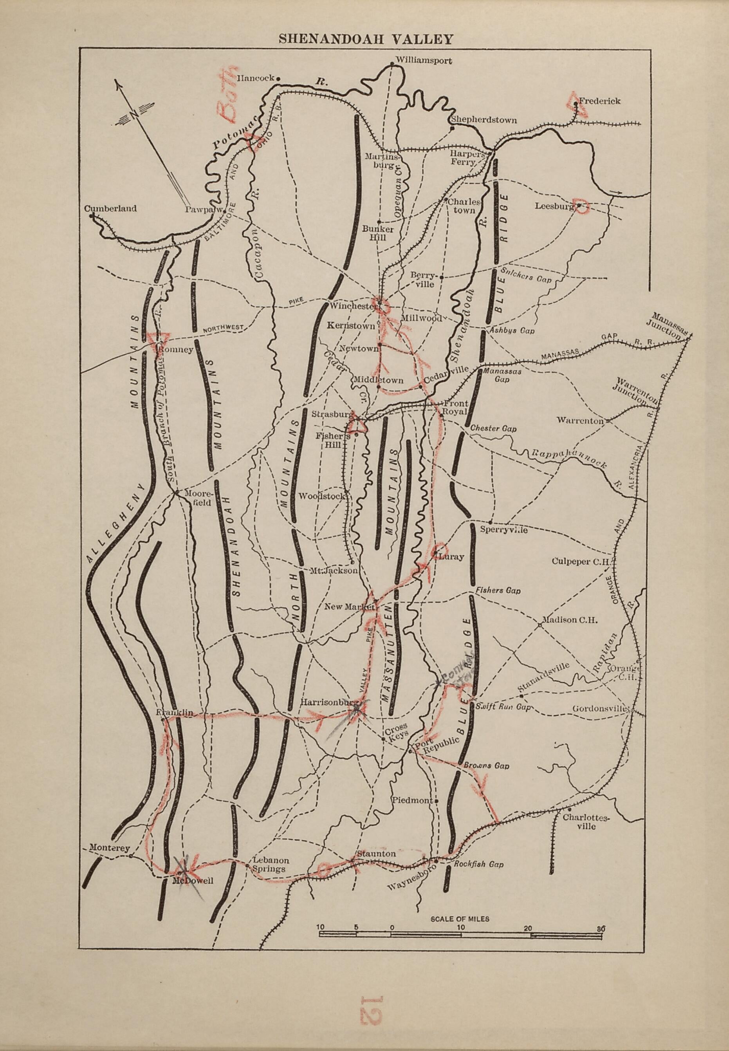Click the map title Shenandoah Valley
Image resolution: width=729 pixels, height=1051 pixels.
pyautogui.click(x=365, y=39)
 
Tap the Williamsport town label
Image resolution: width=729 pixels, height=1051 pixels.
pyautogui.click(x=424, y=60)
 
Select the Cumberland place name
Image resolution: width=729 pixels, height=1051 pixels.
pyautogui.click(x=110, y=209)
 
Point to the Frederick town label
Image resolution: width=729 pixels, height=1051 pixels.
pyautogui.click(x=600, y=101)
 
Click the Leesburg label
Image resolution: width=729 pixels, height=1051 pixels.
pyautogui.click(x=554, y=206)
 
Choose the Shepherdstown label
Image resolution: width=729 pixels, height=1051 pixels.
pyautogui.click(x=484, y=120)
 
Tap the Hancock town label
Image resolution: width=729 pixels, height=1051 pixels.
pyautogui.click(x=255, y=78)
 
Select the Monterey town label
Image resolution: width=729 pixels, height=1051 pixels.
pyautogui.click(x=110, y=847)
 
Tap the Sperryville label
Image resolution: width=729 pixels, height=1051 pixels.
pyautogui.click(x=504, y=530)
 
